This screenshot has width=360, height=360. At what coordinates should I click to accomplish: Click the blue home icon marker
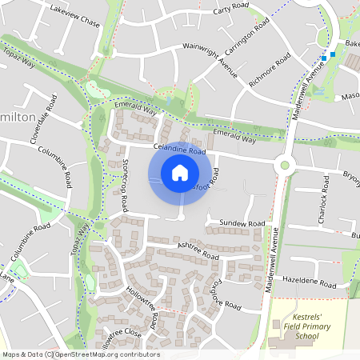click(x=180, y=172)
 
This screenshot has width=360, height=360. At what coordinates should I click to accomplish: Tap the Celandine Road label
click(x=181, y=150)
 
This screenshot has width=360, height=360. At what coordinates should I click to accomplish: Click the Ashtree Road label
click(x=198, y=250)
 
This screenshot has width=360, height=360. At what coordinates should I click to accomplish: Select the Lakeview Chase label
click(x=74, y=18)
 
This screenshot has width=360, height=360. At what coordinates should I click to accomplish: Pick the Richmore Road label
click(x=269, y=71)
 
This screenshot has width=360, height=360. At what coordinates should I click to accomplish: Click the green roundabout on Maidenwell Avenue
click(x=283, y=166)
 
